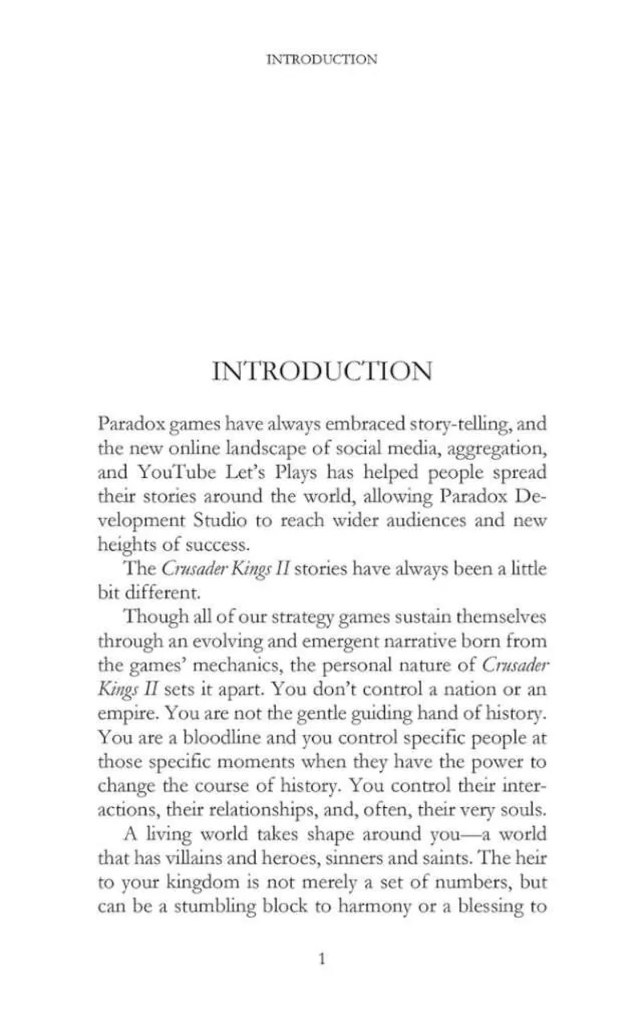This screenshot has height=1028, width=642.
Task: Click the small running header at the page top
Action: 321,59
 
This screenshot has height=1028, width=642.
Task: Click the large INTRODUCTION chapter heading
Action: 322,371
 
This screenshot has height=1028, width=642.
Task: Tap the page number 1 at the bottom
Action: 322,958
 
